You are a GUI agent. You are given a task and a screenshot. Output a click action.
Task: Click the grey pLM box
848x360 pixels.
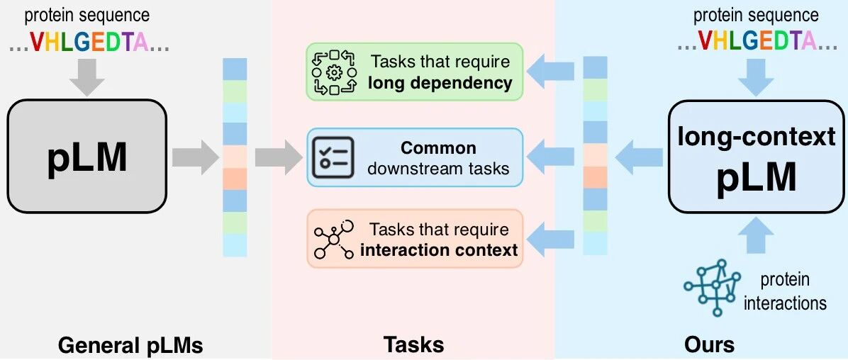click(x=87, y=156)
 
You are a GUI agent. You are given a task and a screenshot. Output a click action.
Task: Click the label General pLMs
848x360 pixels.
click(x=130, y=345)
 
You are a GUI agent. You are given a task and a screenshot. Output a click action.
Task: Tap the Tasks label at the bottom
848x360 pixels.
click(x=413, y=345)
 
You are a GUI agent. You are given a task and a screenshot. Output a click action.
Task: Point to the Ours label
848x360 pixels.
click(x=709, y=345)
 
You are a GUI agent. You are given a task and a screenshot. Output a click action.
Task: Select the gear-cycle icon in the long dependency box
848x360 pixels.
click(x=333, y=72)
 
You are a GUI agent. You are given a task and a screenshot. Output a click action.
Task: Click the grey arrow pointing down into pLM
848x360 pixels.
click(x=87, y=76)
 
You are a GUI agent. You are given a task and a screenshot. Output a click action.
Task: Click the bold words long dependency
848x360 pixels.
click(x=440, y=83)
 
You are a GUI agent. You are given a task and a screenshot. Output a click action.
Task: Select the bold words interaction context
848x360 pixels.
click(x=440, y=250)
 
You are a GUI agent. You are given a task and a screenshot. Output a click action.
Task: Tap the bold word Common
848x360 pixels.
click(x=438, y=148)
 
